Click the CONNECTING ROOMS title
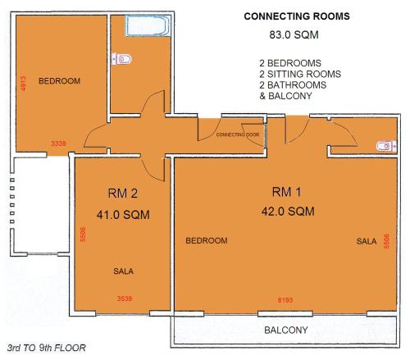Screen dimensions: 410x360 [x=297, y=16]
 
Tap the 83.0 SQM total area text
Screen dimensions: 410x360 [x=294, y=35]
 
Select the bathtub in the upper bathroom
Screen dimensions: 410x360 [x=148, y=25]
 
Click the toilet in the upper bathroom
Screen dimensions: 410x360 [x=121, y=59]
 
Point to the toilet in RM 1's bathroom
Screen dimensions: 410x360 [x=386, y=146]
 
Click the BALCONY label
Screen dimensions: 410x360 [x=286, y=330]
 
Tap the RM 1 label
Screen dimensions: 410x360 [x=286, y=192]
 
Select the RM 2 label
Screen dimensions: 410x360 [x=123, y=194]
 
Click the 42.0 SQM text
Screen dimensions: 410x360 [x=288, y=212]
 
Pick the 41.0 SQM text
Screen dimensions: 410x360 [x=123, y=215]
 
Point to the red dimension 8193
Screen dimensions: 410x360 [x=285, y=300]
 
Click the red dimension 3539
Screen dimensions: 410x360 [x=125, y=298]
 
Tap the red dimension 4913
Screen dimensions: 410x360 [x=23, y=84]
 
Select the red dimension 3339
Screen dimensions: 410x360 [x=58, y=144]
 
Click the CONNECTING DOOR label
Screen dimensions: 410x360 [x=238, y=134]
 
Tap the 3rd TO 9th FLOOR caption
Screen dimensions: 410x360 [x=47, y=348]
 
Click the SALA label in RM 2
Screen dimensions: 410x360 [x=123, y=271]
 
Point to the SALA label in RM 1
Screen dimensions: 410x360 [x=367, y=241]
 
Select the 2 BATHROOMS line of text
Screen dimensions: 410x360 [x=293, y=85]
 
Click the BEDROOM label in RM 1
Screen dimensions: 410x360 [x=207, y=240]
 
